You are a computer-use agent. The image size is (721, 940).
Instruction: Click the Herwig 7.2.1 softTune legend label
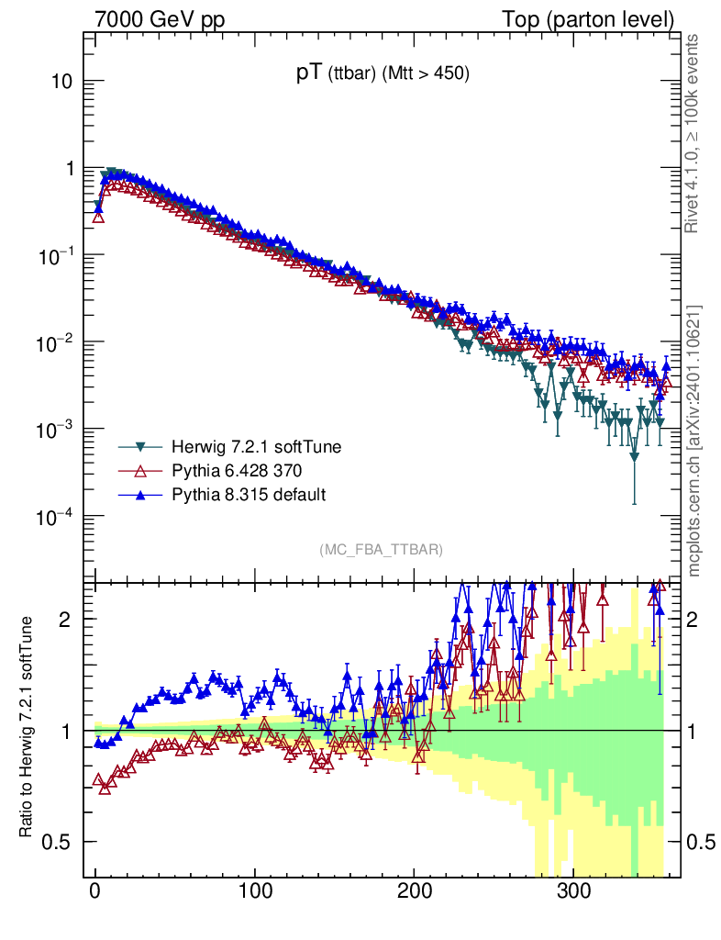pyautogui.click(x=256, y=448)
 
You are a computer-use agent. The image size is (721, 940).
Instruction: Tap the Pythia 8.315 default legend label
pyautogui.click(x=249, y=495)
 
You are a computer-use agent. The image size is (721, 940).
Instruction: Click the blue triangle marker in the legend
pyautogui.click(x=141, y=495)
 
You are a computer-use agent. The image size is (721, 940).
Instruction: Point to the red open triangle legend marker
pyautogui.click(x=141, y=471)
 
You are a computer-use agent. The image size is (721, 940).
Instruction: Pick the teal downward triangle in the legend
pyautogui.click(x=141, y=448)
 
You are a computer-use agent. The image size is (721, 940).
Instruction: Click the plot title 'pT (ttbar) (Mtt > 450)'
pyautogui.click(x=383, y=76)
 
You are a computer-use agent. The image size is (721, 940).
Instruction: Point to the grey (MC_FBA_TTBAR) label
pyautogui.click(x=382, y=550)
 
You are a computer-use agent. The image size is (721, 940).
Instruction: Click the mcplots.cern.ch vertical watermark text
pyautogui.click(x=694, y=441)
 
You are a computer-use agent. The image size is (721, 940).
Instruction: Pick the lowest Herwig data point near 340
pyautogui.click(x=635, y=456)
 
